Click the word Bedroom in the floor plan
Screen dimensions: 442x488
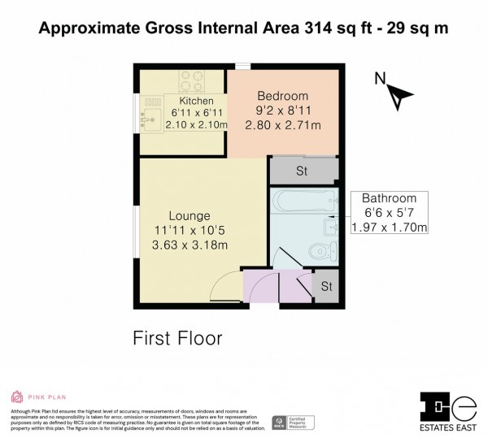click(282, 92)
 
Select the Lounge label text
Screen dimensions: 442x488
click(190, 216)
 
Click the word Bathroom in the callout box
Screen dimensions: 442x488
click(389, 198)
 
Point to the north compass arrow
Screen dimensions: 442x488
click(396, 97)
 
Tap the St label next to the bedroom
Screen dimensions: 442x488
click(301, 171)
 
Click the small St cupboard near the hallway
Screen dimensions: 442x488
click(325, 287)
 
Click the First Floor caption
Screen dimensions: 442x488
click(177, 336)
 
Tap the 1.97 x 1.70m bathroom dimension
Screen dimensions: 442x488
click(389, 227)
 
